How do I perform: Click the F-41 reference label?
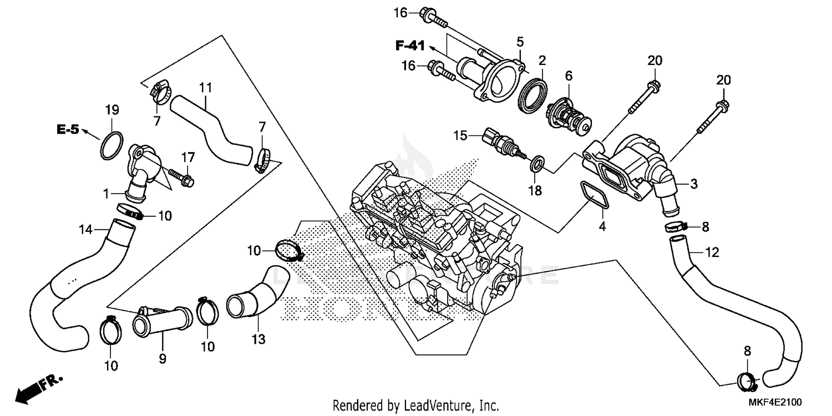pyautogui.click(x=410, y=46)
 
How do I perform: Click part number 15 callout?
pyautogui.click(x=460, y=135)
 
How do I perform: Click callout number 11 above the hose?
pyautogui.click(x=206, y=87)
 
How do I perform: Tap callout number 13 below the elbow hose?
pyautogui.click(x=258, y=338)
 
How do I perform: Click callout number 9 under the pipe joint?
pyautogui.click(x=163, y=359)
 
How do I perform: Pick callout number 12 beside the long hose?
pyautogui.click(x=712, y=253)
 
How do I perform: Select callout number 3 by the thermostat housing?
pyautogui.click(x=693, y=183)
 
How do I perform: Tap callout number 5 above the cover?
pyautogui.click(x=520, y=41)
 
